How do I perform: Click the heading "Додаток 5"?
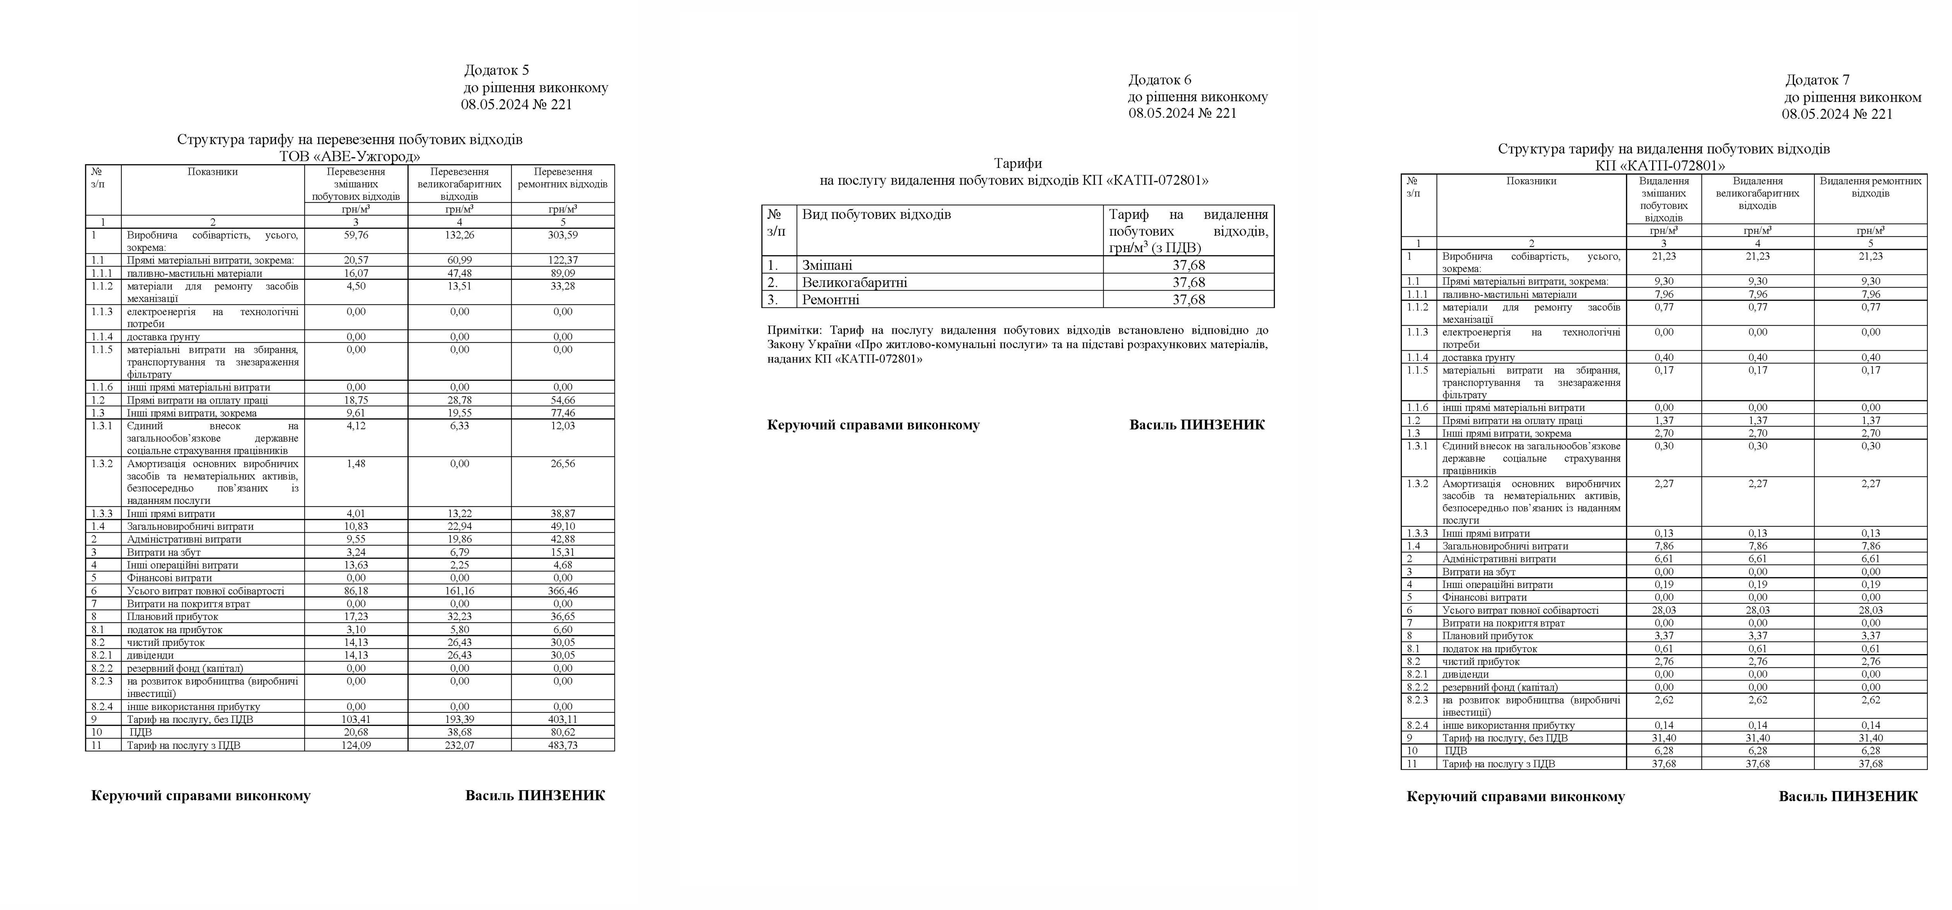[496, 71]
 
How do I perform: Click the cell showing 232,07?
[459, 745]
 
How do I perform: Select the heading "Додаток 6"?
[1159, 80]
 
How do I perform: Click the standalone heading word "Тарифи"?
[1018, 163]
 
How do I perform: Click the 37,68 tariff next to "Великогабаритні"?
[1188, 282]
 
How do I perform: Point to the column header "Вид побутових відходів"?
[876, 215]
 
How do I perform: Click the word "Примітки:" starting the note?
[796, 331]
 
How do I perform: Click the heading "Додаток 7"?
[1817, 80]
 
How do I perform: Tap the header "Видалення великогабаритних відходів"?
[1757, 193]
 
